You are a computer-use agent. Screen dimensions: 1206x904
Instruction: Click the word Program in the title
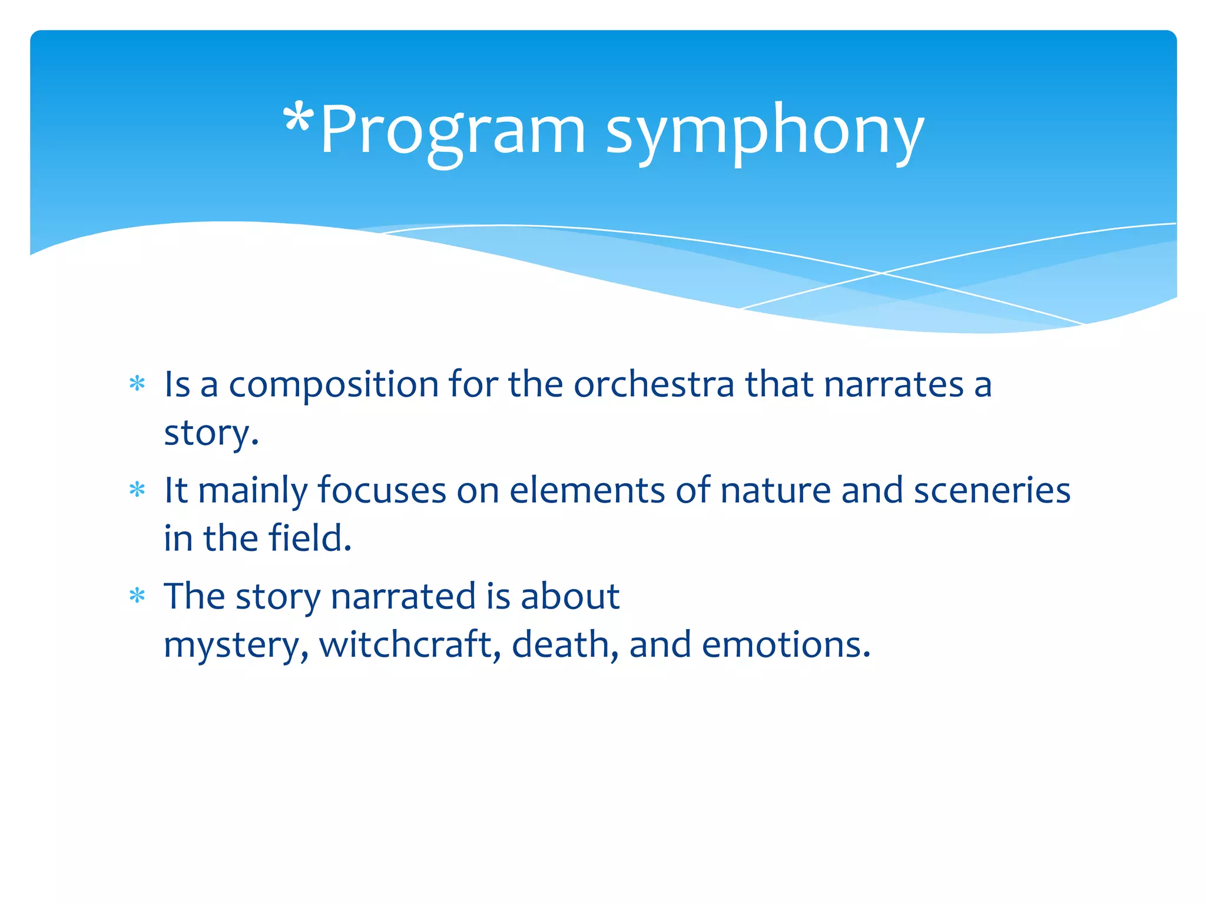[453, 133]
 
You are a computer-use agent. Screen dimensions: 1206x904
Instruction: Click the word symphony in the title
[765, 133]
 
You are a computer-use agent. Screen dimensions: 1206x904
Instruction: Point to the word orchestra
[654, 385]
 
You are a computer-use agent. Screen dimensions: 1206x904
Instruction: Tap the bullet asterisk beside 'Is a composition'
[137, 384]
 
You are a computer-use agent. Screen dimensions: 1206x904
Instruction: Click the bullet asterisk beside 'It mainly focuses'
[137, 490]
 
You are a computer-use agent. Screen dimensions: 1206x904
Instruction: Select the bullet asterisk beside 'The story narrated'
[137, 596]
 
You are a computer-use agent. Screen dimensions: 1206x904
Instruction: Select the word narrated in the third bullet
[403, 597]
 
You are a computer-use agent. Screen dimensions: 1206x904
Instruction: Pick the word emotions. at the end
[786, 645]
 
